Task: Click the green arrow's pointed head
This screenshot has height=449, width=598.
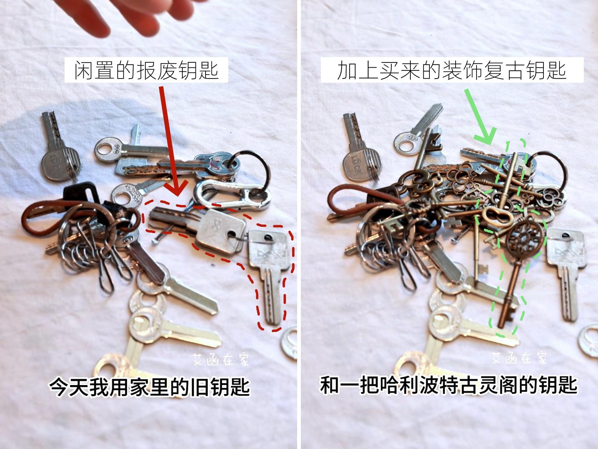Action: (x=488, y=138)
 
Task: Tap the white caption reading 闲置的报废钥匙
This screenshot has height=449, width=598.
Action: (x=146, y=70)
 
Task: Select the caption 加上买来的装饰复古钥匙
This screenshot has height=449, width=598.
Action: (x=452, y=70)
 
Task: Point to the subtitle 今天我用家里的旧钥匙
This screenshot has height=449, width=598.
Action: (x=149, y=387)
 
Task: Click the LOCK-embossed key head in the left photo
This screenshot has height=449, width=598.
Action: (x=61, y=164)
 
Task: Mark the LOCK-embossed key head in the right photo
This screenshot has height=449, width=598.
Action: (x=360, y=164)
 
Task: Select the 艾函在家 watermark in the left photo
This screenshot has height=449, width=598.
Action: (x=221, y=359)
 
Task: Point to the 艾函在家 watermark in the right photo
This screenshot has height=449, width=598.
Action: (x=519, y=358)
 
